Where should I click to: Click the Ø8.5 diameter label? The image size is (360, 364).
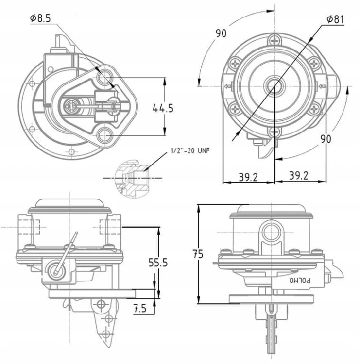40,18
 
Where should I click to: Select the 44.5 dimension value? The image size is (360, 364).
163,108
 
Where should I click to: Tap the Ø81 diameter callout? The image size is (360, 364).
335,19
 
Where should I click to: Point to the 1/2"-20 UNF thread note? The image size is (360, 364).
190,150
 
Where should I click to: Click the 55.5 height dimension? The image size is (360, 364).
158,263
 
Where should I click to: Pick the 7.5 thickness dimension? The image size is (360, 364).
140,309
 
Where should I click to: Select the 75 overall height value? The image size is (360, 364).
198,254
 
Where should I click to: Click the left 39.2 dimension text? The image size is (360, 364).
248,177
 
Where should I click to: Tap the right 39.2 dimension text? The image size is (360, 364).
299,176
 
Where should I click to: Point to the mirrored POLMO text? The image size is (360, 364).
300,281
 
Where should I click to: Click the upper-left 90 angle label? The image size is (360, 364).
221,33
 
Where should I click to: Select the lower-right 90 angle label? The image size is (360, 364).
326,139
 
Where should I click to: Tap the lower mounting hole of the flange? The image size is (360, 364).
104,134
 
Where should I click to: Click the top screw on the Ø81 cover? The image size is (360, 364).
275,41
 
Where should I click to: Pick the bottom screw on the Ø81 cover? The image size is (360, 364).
274,132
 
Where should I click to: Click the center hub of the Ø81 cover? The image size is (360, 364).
274,85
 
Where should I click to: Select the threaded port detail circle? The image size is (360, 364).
131,178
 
